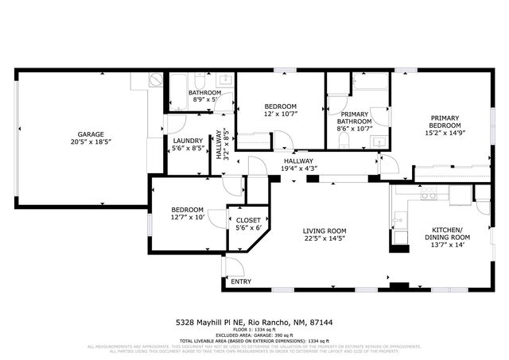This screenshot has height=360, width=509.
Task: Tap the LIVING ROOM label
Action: pyautogui.click(x=324, y=231)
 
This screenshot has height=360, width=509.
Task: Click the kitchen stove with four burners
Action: pyautogui.click(x=429, y=193)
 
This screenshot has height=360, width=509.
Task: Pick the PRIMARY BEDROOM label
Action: pyautogui.click(x=445, y=122)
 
